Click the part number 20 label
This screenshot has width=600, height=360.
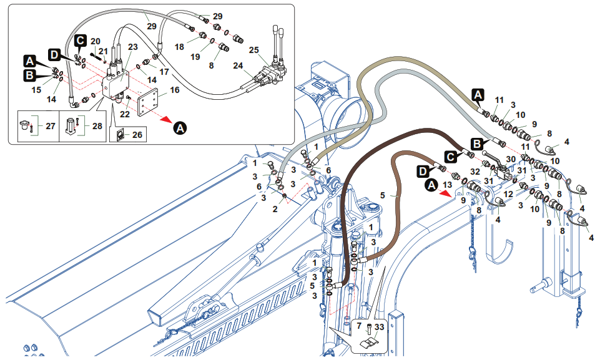(96, 41)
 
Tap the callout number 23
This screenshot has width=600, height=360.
(133, 47)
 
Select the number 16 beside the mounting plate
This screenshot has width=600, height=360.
(174, 90)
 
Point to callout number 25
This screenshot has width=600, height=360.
(271, 49)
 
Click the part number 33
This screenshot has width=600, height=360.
(379, 326)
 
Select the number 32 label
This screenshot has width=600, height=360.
(475, 171)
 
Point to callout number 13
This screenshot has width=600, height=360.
(446, 185)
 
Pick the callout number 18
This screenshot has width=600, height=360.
(179, 47)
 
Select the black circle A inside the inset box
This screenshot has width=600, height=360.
(180, 128)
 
